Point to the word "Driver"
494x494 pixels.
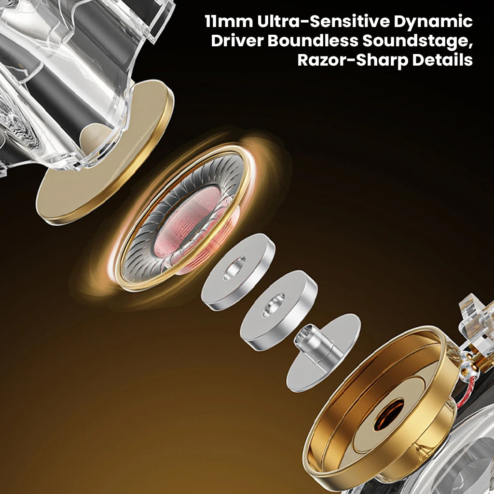click(236, 41)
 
